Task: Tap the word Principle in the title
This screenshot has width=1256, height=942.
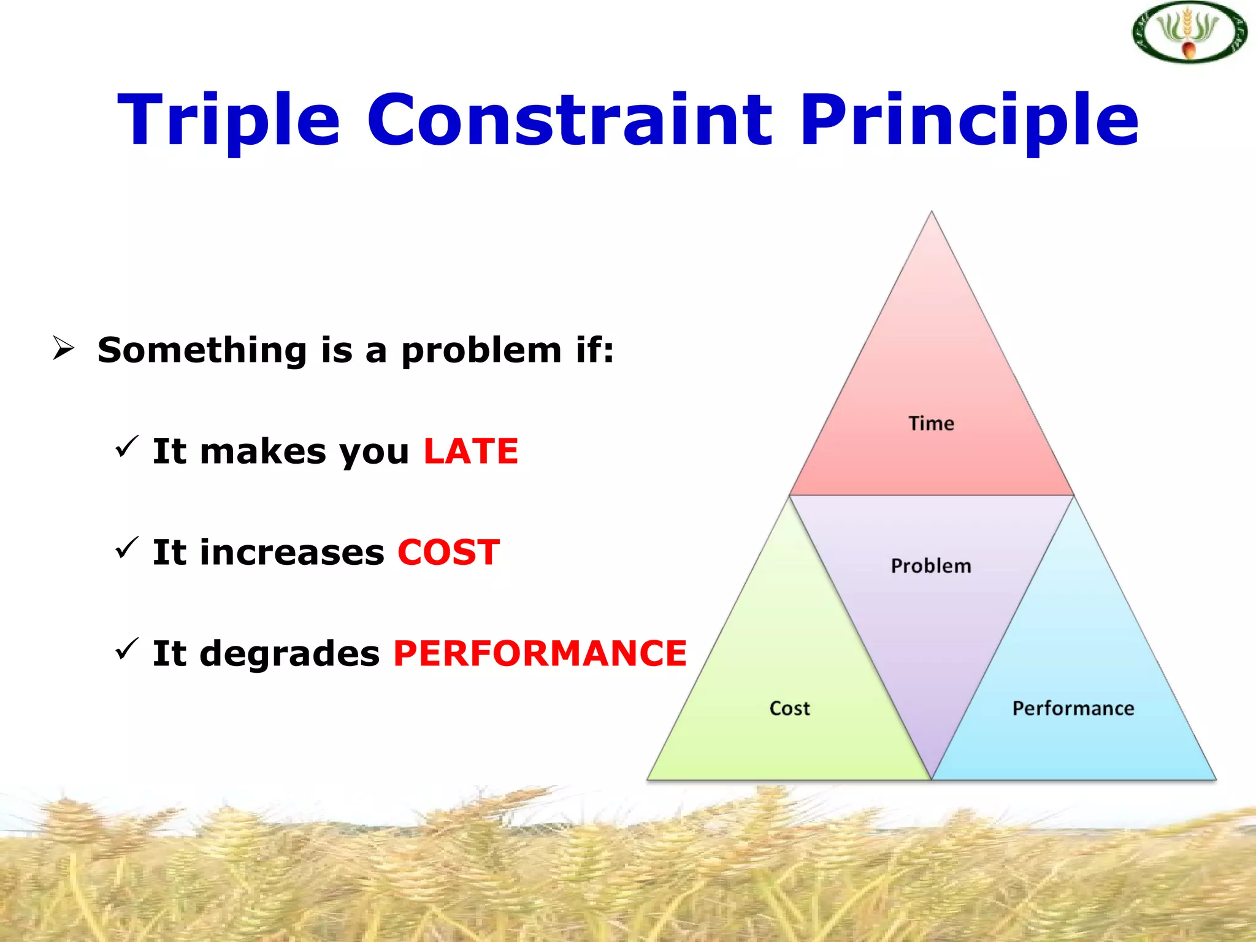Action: point(969,120)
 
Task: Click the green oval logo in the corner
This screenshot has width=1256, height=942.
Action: point(1189,32)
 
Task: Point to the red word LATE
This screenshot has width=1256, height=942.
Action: point(471,451)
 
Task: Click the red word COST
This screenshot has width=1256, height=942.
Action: point(448,553)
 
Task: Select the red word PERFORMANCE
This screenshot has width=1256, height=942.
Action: point(540,653)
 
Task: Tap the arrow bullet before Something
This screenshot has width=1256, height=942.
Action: point(63,348)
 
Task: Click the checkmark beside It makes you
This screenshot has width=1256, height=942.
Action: point(127,446)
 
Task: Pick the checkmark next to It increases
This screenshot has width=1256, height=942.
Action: point(127,547)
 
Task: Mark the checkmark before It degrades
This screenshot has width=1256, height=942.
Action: point(127,648)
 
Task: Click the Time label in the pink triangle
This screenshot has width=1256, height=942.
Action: point(931,423)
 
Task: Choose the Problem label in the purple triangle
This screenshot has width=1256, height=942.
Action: point(931,565)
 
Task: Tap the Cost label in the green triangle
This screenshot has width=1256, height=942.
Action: point(789,708)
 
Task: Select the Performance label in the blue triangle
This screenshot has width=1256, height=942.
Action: point(1073,708)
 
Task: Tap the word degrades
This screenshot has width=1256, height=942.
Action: point(289,654)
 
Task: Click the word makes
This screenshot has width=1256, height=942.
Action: point(263,451)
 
